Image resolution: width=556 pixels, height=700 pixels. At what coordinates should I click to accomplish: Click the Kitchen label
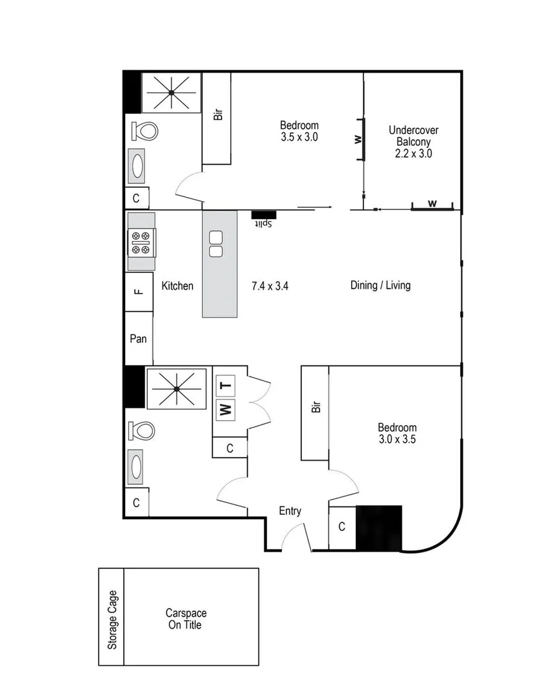[177, 286]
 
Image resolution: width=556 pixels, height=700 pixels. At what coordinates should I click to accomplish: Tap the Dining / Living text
[380, 285]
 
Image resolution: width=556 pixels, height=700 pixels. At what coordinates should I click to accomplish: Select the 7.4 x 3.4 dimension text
[269, 285]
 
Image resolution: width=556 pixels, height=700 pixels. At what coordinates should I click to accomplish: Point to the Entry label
[290, 511]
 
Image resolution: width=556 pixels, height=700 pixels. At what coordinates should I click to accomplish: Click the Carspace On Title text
[185, 619]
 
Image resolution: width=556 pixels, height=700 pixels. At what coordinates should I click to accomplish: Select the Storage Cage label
[112, 620]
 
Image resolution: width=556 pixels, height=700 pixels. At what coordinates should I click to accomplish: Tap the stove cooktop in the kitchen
[141, 242]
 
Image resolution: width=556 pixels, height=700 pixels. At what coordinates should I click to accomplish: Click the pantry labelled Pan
[138, 338]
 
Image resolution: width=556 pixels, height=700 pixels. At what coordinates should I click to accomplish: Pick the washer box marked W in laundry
[225, 409]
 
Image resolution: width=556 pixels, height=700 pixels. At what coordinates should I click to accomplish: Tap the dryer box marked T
[225, 386]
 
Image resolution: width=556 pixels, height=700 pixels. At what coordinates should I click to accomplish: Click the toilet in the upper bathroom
[145, 132]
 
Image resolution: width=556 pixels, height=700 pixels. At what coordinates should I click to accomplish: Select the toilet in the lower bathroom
[143, 430]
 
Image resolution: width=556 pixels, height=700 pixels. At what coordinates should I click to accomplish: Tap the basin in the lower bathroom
[138, 467]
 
